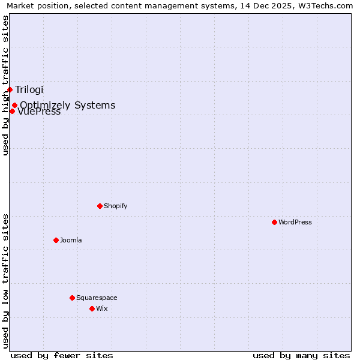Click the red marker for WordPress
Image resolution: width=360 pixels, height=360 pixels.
click(274, 222)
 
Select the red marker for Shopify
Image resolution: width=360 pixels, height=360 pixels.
click(100, 206)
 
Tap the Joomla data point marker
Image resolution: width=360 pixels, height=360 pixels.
click(56, 240)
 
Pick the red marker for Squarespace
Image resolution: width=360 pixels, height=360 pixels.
click(72, 298)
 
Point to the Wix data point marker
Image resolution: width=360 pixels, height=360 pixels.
click(92, 308)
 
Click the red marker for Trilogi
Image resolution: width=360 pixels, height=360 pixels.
click(10, 89)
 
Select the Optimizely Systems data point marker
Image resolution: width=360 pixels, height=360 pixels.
click(14, 105)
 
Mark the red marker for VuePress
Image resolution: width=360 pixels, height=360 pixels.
click(12, 111)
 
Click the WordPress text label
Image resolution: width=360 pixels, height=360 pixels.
click(295, 222)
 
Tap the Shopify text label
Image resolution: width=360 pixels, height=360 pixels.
click(116, 206)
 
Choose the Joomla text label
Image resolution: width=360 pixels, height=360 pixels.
click(71, 240)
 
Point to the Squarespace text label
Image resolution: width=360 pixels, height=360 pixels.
click(97, 298)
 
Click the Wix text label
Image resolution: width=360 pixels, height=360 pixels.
click(102, 308)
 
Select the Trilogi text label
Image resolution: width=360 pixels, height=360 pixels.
click(29, 90)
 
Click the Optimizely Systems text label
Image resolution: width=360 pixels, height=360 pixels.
click(68, 106)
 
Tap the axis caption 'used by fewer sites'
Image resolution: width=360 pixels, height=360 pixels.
click(62, 355)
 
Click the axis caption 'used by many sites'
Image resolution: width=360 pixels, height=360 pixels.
click(301, 355)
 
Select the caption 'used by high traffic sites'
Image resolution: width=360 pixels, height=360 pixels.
click(5, 86)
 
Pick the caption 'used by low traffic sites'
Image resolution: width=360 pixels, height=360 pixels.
click(5, 281)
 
